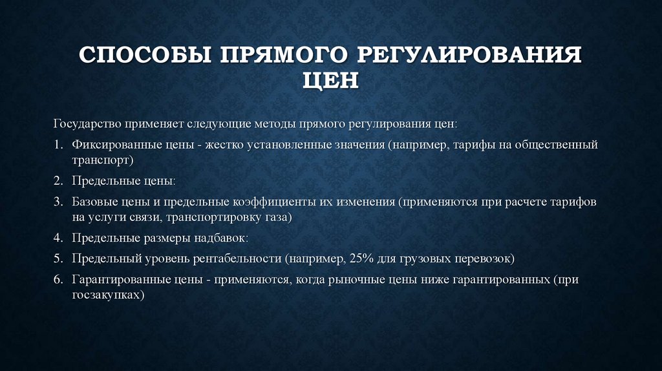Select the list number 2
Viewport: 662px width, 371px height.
tap(58, 182)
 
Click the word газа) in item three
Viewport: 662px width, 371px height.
tap(279, 217)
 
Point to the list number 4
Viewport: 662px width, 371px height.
tap(58, 238)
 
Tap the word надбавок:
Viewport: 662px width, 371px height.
tap(220, 238)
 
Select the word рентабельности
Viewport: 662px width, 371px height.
tap(236, 259)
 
